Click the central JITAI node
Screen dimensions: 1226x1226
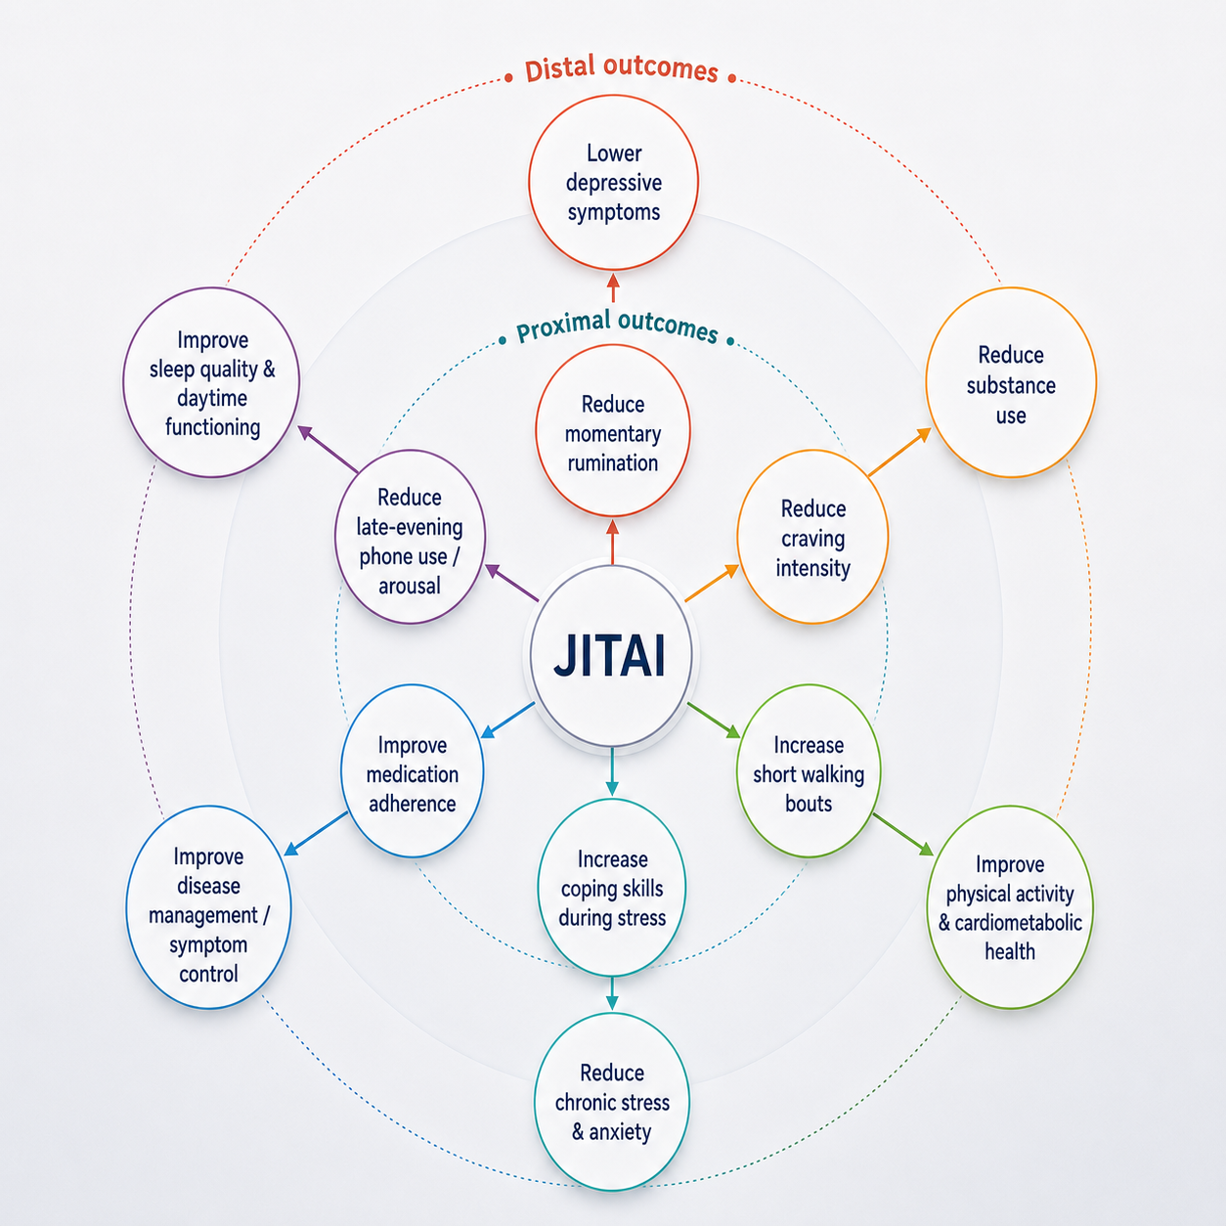coord(611,655)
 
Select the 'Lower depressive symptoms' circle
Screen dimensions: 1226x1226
coord(613,183)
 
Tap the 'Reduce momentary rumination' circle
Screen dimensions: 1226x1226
coord(613,431)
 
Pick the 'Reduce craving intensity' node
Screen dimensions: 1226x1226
coord(812,537)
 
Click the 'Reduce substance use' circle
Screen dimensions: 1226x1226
coord(1011,382)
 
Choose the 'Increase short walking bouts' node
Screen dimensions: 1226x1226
coord(809,771)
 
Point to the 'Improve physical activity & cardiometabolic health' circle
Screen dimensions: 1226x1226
coord(1010,907)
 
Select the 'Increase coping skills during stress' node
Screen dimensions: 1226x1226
coord(612,888)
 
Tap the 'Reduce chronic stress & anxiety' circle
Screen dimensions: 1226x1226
coord(612,1102)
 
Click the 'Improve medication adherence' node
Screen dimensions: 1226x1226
coord(413,771)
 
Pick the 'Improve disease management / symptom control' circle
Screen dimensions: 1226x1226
coord(208,907)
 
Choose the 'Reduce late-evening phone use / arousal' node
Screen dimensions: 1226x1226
coord(411,537)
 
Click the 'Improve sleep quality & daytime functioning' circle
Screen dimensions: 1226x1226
coord(211,382)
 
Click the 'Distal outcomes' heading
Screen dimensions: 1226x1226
coord(621,69)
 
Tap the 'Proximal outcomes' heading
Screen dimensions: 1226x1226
coord(617,326)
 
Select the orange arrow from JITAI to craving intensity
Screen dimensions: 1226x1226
coord(712,583)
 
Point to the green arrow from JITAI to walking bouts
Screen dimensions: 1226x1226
coord(714,721)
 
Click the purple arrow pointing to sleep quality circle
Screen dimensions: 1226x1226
coord(328,449)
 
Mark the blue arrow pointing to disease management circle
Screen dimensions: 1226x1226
coord(316,834)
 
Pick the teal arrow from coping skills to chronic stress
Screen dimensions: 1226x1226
coord(612,993)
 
